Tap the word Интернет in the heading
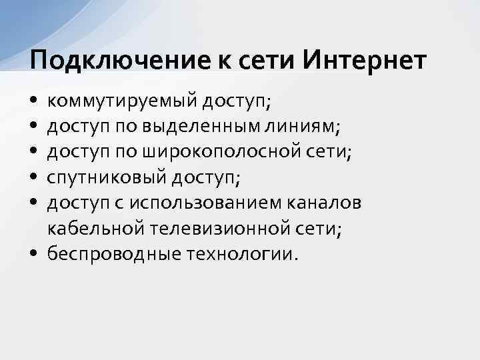(x=364, y=61)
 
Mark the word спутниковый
(x=107, y=178)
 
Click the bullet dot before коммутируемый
(x=33, y=103)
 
